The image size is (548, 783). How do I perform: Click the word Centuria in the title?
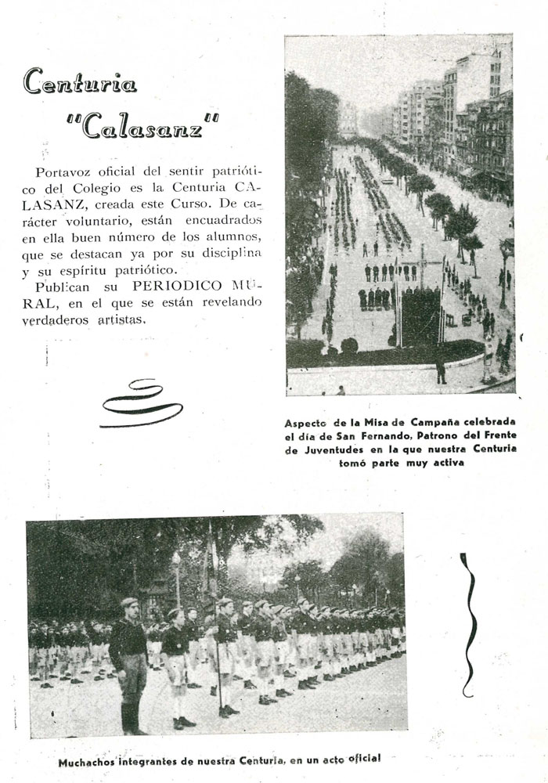(x=80, y=82)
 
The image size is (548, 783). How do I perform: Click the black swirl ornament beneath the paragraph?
(x=140, y=403)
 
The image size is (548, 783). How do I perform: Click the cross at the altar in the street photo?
(x=423, y=266)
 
